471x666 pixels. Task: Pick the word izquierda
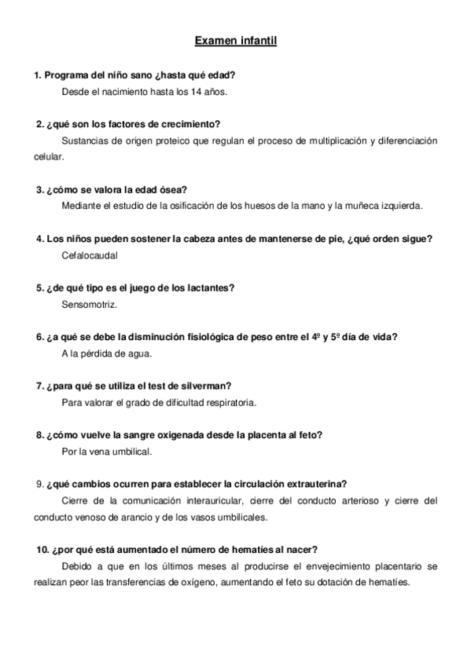pyautogui.click(x=400, y=206)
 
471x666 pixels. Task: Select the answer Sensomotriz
pyautogui.click(x=88, y=304)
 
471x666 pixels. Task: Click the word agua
pyautogui.click(x=142, y=353)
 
